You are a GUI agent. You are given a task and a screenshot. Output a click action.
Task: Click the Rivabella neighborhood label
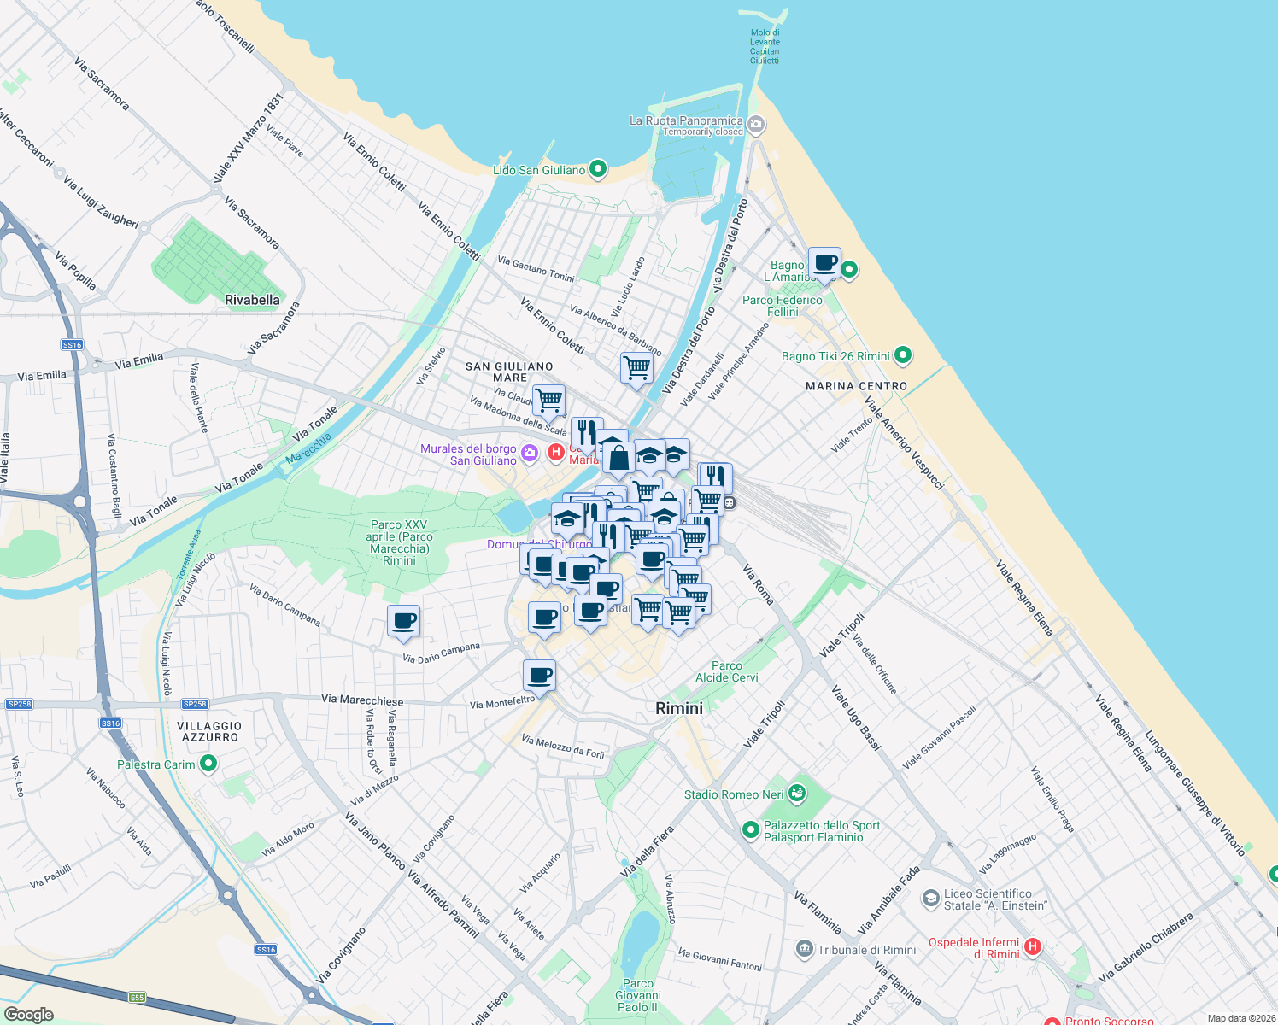click(x=252, y=300)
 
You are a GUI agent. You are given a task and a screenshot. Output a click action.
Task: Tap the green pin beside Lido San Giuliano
click(x=598, y=169)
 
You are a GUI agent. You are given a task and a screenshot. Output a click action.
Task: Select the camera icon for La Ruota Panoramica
click(x=756, y=126)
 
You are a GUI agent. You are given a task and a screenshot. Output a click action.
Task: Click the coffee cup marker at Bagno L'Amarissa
click(x=824, y=264)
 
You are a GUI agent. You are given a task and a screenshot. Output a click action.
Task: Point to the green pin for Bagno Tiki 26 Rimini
click(x=903, y=355)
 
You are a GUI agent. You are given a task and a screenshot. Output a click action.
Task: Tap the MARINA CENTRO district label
click(x=856, y=386)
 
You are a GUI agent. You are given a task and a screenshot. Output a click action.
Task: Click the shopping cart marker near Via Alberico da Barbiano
click(x=636, y=368)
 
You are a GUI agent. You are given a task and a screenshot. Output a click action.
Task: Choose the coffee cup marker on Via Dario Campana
click(x=403, y=621)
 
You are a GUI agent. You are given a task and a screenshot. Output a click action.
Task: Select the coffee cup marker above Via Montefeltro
click(x=539, y=676)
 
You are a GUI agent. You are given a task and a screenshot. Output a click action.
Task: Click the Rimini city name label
click(x=679, y=708)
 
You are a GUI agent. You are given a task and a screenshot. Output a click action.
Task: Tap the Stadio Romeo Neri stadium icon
click(x=797, y=794)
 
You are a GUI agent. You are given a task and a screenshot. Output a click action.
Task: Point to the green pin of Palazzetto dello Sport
click(x=750, y=829)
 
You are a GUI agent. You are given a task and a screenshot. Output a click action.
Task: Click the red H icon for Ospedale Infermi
click(x=1032, y=946)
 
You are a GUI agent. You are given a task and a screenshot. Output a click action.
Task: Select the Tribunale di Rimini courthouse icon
click(x=804, y=949)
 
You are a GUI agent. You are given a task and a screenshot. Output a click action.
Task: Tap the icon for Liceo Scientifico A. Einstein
click(x=930, y=899)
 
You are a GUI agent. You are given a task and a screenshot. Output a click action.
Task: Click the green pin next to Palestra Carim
click(x=208, y=764)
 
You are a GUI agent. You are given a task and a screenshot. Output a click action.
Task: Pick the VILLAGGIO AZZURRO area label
click(x=209, y=731)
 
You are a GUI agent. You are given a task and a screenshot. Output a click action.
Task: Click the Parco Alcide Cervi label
click(x=727, y=671)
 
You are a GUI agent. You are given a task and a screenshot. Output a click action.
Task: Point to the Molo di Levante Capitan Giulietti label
click(x=765, y=46)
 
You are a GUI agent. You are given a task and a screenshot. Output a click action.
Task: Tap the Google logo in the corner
click(x=28, y=1015)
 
